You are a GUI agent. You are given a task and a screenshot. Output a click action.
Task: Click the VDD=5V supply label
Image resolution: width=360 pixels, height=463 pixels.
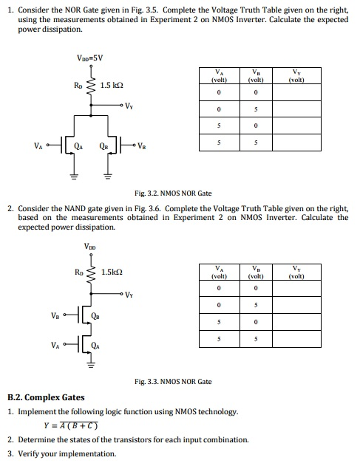pos(90,57)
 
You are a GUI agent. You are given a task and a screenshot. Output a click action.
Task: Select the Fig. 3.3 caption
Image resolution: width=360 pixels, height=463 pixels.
pos(173,382)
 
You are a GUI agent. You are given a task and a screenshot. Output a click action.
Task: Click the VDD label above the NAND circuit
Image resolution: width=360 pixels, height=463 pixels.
pos(90,246)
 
